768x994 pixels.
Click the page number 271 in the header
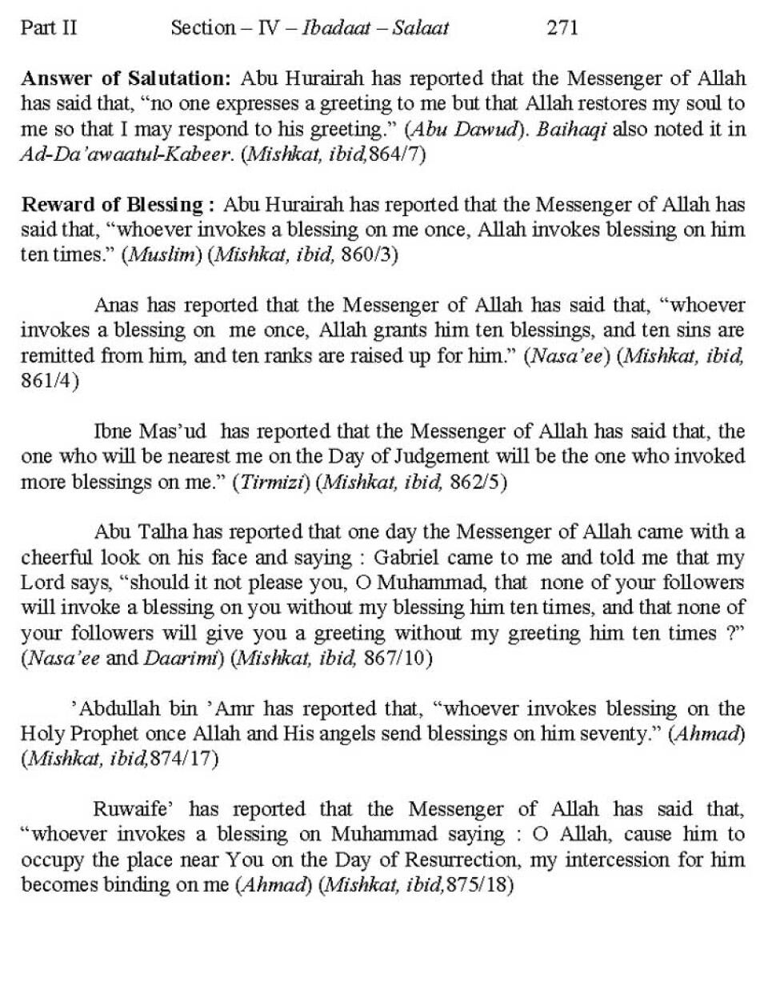tap(562, 28)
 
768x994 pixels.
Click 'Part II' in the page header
tap(49, 28)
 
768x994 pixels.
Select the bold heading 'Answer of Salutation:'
tap(126, 78)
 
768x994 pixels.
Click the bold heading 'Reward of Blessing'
tap(112, 204)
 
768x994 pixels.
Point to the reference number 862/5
tap(471, 482)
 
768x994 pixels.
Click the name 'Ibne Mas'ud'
tap(150, 431)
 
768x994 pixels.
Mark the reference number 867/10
tap(398, 658)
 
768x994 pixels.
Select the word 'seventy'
tap(614, 734)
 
